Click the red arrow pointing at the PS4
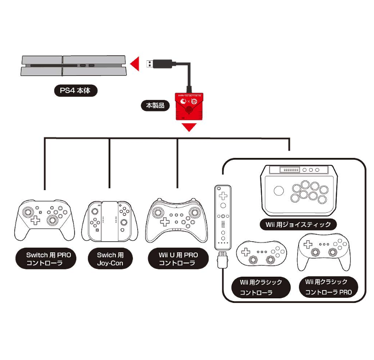[x=134, y=64]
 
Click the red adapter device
[x=188, y=107]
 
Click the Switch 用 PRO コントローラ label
[x=45, y=260]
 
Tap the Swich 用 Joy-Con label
[x=110, y=260]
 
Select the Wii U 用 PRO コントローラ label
[x=178, y=260]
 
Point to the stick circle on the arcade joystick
[x=278, y=192]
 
